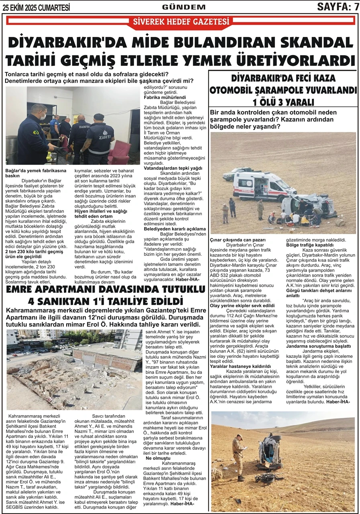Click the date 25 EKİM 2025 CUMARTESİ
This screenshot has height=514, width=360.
[36, 7]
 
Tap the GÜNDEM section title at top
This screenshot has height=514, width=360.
[184, 7]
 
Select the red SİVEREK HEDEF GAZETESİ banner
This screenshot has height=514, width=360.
[181, 22]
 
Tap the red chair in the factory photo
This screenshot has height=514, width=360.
[119, 152]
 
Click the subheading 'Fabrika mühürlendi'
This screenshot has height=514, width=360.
[165, 98]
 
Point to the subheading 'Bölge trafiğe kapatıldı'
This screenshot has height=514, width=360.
[310, 245]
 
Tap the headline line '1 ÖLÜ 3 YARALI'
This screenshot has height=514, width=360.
[283, 102]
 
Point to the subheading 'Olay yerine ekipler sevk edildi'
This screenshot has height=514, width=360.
[242, 306]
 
